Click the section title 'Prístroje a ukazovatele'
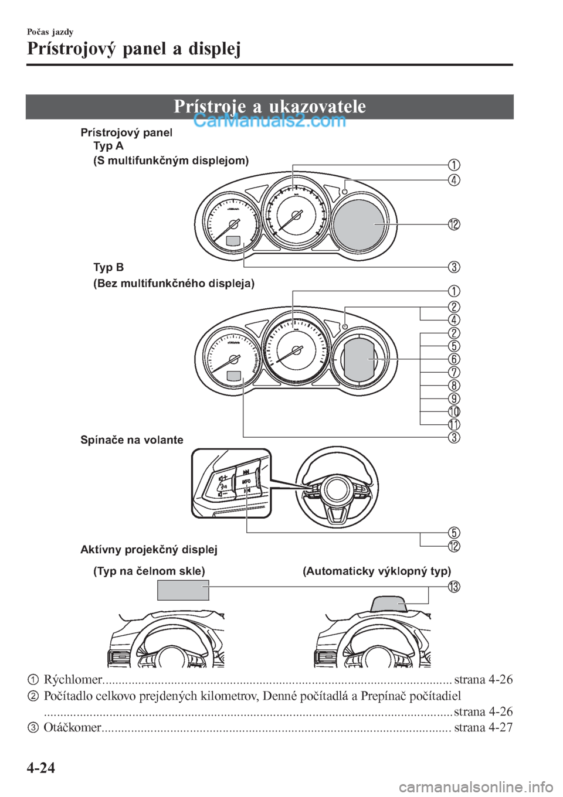[270, 106]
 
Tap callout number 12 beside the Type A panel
[454, 224]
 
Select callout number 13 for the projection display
[454, 587]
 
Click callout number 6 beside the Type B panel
[454, 359]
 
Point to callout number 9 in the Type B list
[454, 398]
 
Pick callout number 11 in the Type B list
[454, 424]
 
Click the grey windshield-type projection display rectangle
[183, 590]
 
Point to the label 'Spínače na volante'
[131, 440]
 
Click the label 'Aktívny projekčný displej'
[148, 550]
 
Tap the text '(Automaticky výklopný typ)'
[377, 571]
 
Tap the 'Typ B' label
[108, 268]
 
